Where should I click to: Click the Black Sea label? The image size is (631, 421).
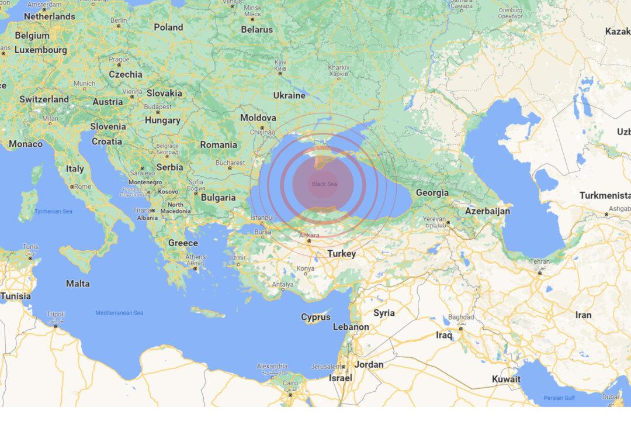[x=324, y=184]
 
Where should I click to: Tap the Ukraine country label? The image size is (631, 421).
[x=289, y=95]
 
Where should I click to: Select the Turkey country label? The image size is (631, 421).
[x=341, y=254]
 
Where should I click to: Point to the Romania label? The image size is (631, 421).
[x=219, y=144]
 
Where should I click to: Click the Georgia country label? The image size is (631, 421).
[x=432, y=192]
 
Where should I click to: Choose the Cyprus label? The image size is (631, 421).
[x=315, y=317]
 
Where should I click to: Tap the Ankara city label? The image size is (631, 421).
[x=309, y=235]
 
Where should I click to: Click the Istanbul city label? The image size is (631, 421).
[x=262, y=218]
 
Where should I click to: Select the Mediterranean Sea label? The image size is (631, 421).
[x=119, y=313]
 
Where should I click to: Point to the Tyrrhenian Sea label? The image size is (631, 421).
[x=53, y=210]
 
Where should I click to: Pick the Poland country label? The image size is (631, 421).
[x=168, y=27]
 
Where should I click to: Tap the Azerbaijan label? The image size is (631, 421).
[x=488, y=210]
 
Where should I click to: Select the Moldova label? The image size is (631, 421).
[x=258, y=118]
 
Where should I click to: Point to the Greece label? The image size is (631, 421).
[x=183, y=243]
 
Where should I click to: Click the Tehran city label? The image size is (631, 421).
[x=540, y=262]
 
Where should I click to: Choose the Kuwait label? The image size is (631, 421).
[x=506, y=379]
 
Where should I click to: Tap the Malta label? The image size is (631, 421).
[x=78, y=284]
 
